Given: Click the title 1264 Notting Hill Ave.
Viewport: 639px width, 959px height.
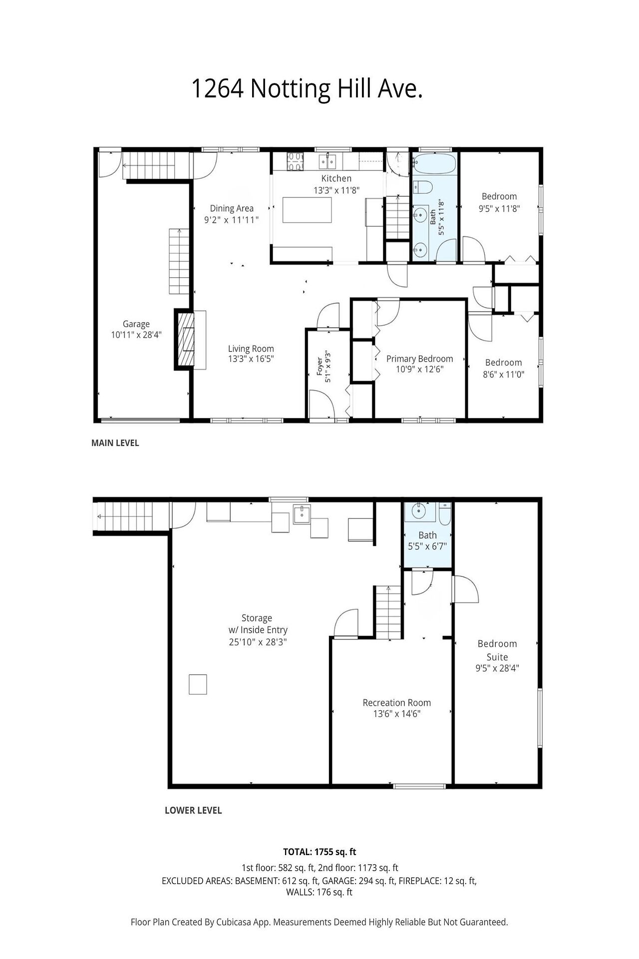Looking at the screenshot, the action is click(x=307, y=89).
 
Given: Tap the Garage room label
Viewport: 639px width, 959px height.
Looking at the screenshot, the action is click(x=136, y=324).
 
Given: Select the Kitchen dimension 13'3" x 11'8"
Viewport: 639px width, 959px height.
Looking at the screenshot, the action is click(x=336, y=190).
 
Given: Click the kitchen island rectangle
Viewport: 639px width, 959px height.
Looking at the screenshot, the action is click(x=307, y=210).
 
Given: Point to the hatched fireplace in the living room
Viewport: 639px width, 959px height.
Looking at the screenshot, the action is click(x=185, y=340).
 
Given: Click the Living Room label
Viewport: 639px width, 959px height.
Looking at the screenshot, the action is click(x=251, y=349).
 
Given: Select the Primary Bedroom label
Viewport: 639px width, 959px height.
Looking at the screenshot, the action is click(x=420, y=359).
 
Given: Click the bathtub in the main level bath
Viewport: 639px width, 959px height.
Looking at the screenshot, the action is click(x=435, y=163).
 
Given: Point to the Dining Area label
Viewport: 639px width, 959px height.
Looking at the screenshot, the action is click(x=232, y=208).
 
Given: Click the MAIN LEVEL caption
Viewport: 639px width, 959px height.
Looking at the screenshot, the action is click(x=115, y=443).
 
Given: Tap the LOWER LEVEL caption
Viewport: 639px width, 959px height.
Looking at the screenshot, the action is click(x=193, y=811).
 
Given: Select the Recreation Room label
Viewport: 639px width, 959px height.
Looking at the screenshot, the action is click(x=397, y=703).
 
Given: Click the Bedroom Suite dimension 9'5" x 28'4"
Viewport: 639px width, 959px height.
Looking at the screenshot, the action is click(x=497, y=668).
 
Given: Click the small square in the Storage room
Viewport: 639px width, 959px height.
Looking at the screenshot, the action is click(x=198, y=684).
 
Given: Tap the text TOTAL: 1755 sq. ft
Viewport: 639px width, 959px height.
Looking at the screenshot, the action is click(x=319, y=852).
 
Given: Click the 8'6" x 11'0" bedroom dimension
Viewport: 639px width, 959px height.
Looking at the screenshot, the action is click(x=504, y=375).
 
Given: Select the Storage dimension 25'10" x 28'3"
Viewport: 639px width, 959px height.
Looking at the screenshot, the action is click(x=258, y=642).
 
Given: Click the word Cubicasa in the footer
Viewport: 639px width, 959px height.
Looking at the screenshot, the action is click(x=233, y=923).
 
